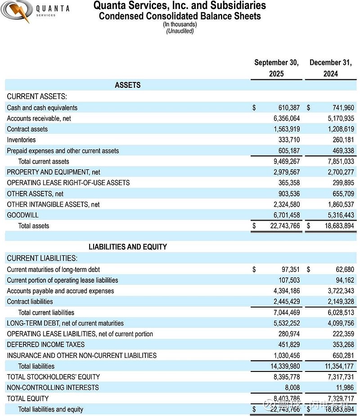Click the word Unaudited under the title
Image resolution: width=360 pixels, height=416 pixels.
coord(180,31)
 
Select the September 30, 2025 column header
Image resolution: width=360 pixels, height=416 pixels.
coord(276,68)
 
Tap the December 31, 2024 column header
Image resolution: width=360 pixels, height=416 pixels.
coord(330,68)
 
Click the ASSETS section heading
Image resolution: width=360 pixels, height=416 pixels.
coord(128,85)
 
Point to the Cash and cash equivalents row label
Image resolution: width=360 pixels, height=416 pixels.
coord(42,108)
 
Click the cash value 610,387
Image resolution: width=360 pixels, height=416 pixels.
coord(289,108)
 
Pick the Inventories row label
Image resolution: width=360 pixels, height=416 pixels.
coord(21,140)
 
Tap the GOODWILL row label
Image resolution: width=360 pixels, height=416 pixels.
coord(22,215)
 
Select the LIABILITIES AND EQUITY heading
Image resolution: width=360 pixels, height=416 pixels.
coord(128,247)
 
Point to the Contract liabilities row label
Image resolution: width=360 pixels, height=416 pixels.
coord(30,302)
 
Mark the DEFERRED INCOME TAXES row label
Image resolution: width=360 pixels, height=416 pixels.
coord(45,344)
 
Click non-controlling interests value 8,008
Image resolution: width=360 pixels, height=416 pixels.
coord(292,388)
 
